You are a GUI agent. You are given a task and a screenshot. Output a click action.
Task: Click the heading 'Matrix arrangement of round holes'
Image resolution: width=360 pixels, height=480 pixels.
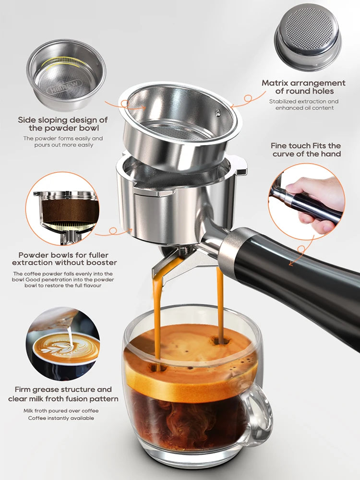pos(303,87)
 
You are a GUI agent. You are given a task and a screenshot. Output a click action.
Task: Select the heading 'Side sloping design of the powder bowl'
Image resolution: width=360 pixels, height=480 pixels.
pos(63,124)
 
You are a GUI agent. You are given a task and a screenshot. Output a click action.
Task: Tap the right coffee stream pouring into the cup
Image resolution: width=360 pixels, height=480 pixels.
pos(220,302)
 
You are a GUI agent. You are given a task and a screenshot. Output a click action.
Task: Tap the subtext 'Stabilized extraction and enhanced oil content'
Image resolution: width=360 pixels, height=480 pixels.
pos(303,105)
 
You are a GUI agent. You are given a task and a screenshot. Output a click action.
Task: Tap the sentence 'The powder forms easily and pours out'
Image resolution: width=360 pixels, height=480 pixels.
pos(63,142)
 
